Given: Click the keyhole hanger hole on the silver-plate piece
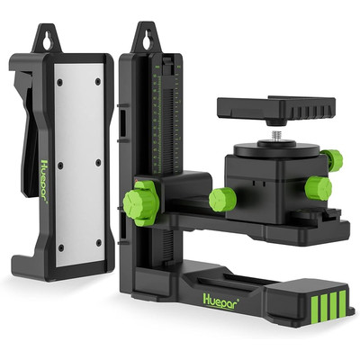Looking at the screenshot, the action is tap(48, 41).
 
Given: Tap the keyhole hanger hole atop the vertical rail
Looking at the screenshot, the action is tap(148, 39).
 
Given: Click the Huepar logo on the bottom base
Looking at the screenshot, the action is tap(221, 299).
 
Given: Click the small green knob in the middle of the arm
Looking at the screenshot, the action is tap(222, 199).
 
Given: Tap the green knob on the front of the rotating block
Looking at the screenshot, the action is tap(318, 188).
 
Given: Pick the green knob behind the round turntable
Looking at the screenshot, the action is tap(333, 160).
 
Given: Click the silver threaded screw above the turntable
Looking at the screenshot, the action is tap(276, 137).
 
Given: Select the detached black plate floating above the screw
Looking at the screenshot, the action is tap(276, 110).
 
